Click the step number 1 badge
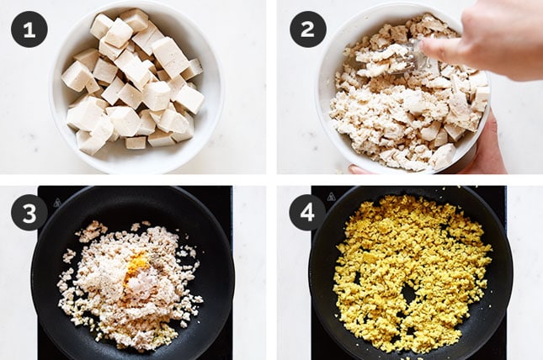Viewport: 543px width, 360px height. [x=29, y=29]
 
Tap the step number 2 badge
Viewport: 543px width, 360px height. [x=308, y=29]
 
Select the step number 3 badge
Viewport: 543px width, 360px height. [x=29, y=212]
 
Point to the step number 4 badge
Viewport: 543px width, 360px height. [x=307, y=212]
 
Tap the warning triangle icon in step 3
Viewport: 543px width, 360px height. [x=57, y=203]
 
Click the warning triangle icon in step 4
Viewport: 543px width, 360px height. [x=332, y=197]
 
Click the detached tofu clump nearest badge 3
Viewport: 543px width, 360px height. [x=69, y=257]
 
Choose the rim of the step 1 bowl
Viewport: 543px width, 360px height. [x=55, y=103]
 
